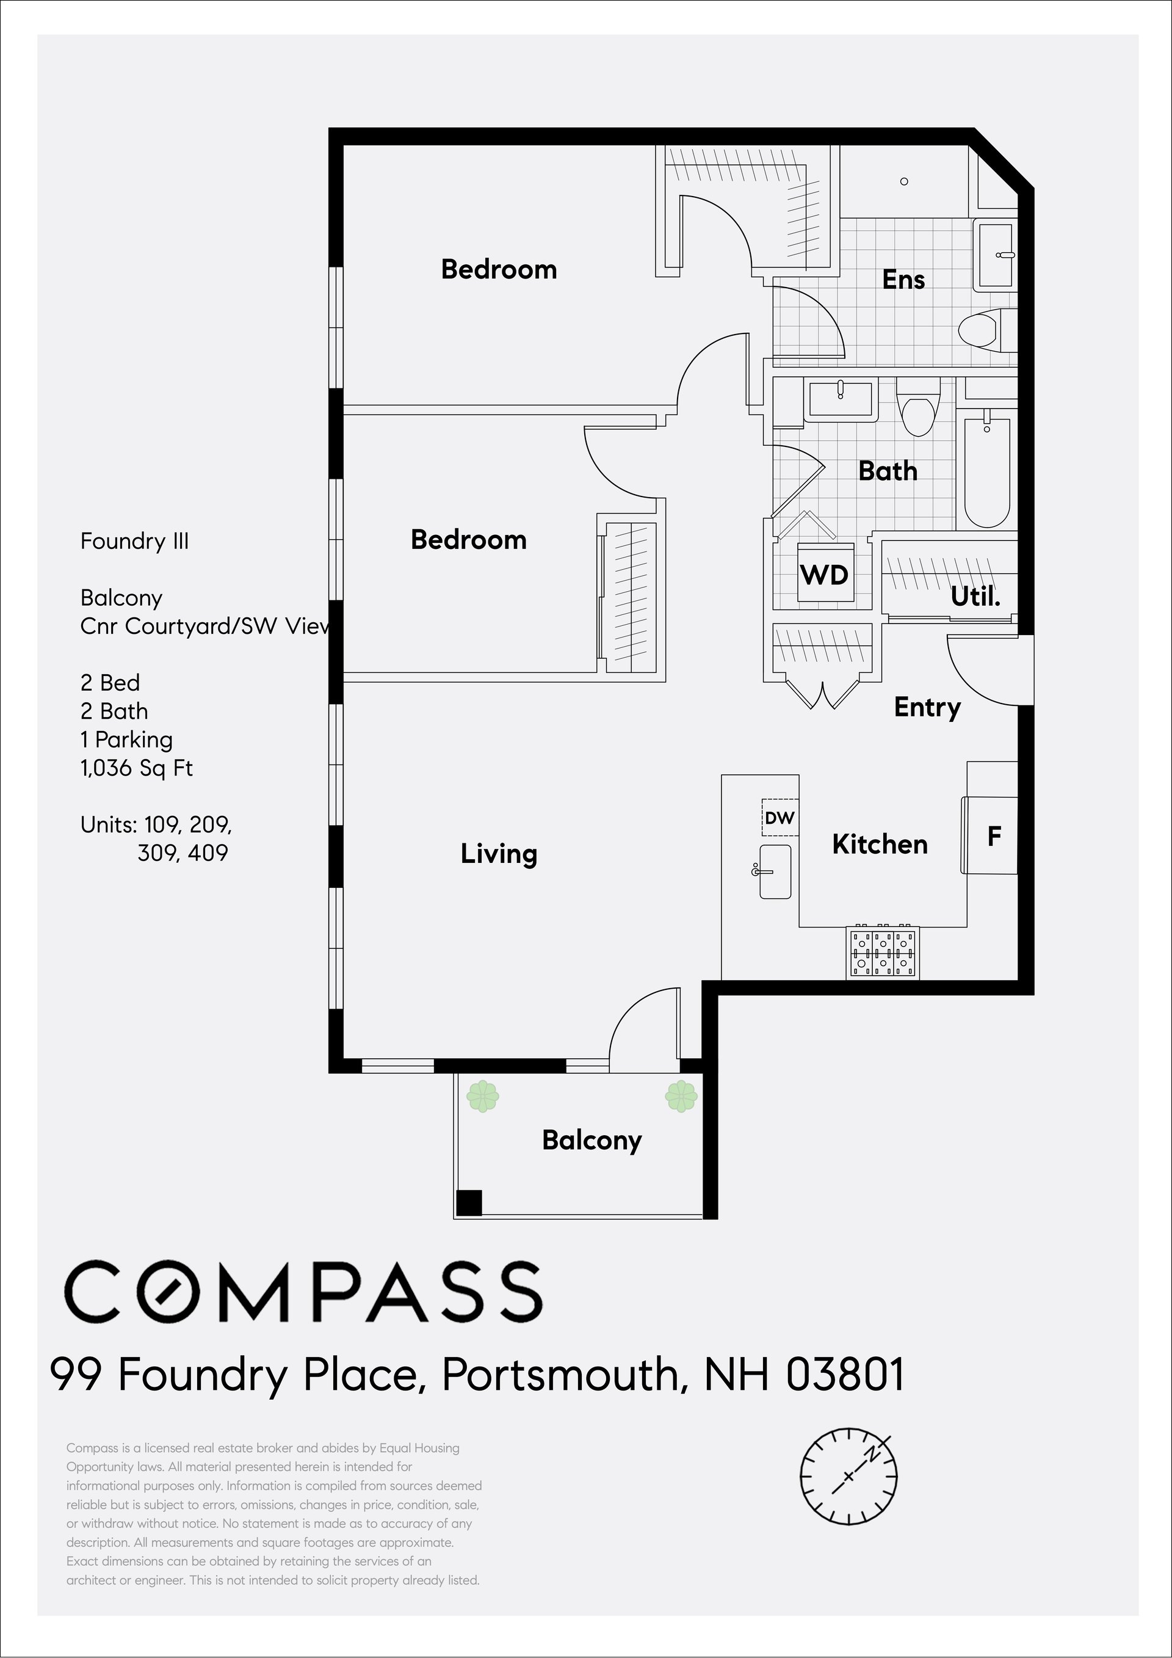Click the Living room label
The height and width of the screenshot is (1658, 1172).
(x=499, y=854)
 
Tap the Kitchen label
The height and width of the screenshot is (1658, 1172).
(x=880, y=844)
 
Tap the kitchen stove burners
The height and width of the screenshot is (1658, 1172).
(x=883, y=953)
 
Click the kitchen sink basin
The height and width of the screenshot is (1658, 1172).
(x=775, y=871)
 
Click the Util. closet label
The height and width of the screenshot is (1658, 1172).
(x=975, y=597)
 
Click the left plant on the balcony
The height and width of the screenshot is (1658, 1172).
(x=483, y=1097)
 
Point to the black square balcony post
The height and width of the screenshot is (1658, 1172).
(x=469, y=1203)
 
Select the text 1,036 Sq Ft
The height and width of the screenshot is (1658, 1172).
(x=136, y=768)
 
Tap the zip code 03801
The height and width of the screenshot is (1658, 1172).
(x=844, y=1374)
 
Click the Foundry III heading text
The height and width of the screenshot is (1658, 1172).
(x=134, y=541)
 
